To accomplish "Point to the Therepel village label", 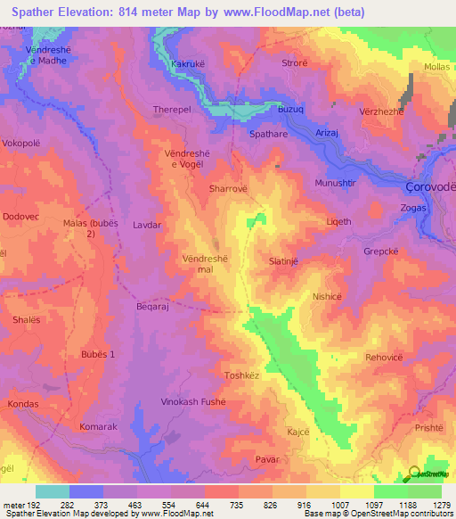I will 172,110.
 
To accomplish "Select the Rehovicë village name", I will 385,357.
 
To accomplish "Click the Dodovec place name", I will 22,217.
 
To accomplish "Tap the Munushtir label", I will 335,183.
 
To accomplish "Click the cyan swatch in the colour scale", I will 52,491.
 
